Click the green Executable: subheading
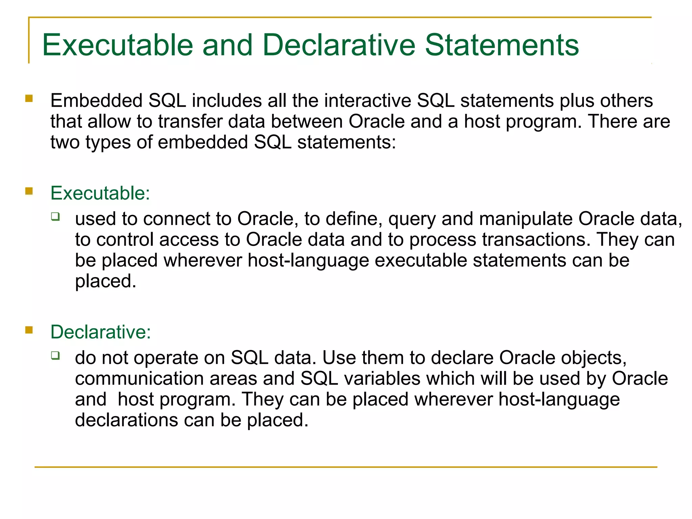pos(100,193)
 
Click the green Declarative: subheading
pos(101,332)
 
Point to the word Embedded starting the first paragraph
pos(96,101)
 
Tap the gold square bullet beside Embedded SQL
pos(29,98)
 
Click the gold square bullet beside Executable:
pos(29,191)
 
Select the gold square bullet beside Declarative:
pos(29,330)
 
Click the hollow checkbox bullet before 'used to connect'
pos(55,216)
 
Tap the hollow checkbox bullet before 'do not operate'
pos(55,355)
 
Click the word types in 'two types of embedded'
pos(108,143)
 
